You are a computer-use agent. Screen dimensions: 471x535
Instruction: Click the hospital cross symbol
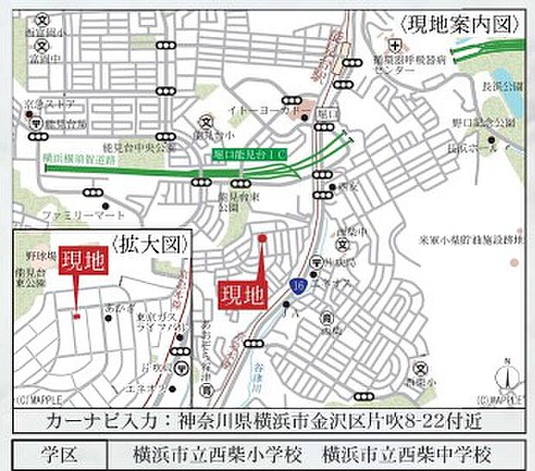point(394,44)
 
